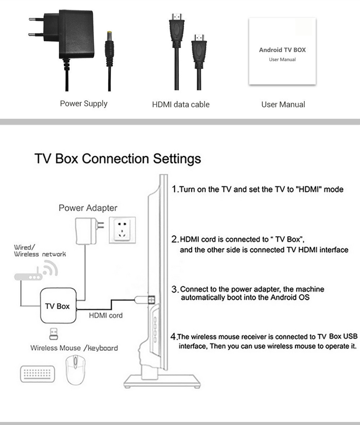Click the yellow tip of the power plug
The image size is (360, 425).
tap(109, 35)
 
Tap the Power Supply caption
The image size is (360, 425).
tap(84, 104)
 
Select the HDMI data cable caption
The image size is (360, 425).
tap(181, 104)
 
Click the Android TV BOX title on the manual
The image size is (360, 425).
tap(282, 50)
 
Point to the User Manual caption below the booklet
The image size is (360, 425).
tap(283, 104)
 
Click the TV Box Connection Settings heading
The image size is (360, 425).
tap(118, 158)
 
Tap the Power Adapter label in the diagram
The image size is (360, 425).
tap(88, 208)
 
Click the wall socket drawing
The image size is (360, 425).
tap(122, 230)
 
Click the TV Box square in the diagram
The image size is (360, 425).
tap(58, 306)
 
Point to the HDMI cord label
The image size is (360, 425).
tap(105, 315)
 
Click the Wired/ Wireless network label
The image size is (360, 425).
tap(39, 251)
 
